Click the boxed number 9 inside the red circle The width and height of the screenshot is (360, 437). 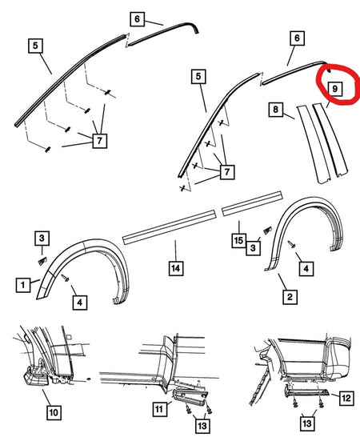pyautogui.click(x=334, y=89)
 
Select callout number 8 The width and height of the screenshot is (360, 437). pyautogui.click(x=275, y=109)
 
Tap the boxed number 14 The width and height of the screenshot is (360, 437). pyautogui.click(x=175, y=268)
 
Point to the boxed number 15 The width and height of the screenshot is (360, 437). pyautogui.click(x=238, y=240)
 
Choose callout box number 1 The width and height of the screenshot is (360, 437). pyautogui.click(x=23, y=285)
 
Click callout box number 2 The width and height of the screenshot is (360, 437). pyautogui.click(x=290, y=297)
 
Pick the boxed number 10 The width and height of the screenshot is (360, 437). pyautogui.click(x=54, y=412)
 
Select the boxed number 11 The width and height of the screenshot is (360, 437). pyautogui.click(x=160, y=409)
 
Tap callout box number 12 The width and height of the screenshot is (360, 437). pyautogui.click(x=346, y=398)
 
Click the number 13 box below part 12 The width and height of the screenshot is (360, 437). pyautogui.click(x=306, y=423)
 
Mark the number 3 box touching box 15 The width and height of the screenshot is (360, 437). pyautogui.click(x=253, y=248)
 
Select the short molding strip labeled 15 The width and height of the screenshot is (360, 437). pyautogui.click(x=252, y=203)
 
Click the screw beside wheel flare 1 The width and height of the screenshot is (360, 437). pyautogui.click(x=66, y=278)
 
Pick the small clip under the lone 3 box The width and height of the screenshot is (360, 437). pyautogui.click(x=42, y=261)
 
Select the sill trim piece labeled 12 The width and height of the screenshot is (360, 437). pyautogui.click(x=307, y=391)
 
